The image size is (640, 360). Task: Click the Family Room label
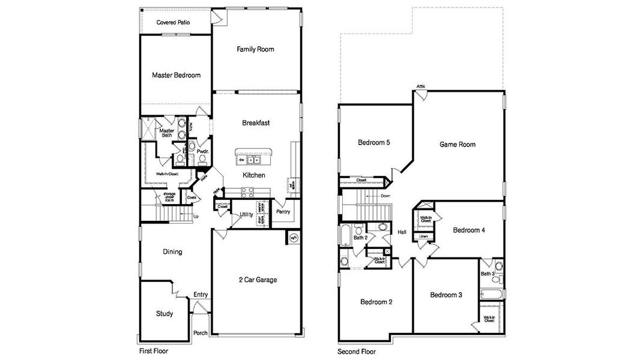click(255, 49)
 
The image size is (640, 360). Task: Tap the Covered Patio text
click(174, 23)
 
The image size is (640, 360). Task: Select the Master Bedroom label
click(176, 76)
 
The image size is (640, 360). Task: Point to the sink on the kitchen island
click(253, 160)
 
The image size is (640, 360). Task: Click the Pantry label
click(283, 212)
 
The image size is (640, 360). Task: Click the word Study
click(165, 314)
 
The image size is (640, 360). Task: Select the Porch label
click(200, 334)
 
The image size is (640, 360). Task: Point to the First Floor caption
click(154, 350)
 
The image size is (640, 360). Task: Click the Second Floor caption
click(357, 350)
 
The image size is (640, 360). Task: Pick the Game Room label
click(457, 145)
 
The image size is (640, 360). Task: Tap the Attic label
click(421, 86)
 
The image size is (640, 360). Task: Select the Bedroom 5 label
click(374, 143)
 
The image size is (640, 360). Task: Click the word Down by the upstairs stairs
click(385, 196)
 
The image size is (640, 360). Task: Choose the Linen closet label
click(423, 236)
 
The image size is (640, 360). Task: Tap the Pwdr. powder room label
click(202, 152)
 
